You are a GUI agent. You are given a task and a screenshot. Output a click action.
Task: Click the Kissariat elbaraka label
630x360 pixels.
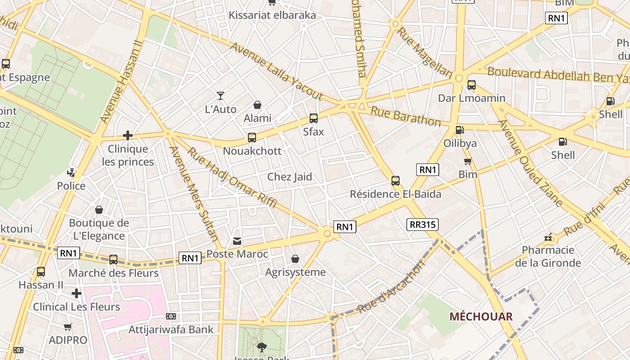272,15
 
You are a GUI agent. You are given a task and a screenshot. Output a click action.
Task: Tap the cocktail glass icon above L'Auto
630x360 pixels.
220,95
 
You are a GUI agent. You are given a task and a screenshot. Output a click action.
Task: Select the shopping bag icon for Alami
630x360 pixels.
257,105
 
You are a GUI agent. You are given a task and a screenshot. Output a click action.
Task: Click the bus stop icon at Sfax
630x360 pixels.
314,118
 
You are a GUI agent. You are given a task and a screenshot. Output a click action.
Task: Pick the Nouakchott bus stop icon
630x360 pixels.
252,138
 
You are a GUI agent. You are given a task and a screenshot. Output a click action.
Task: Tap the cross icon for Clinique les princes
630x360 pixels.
128,135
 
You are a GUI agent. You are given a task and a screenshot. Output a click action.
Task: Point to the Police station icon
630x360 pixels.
71,172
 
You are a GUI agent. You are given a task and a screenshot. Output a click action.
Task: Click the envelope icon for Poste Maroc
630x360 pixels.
237,241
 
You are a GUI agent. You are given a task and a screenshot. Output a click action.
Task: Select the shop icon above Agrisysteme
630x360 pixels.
295,259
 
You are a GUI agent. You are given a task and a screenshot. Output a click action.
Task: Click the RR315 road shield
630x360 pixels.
422,224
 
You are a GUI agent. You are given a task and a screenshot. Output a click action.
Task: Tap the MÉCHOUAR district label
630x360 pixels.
481,316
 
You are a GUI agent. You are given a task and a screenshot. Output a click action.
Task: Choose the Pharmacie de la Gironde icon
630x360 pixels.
548,237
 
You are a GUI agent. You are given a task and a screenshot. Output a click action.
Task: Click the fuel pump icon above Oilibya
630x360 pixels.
459,130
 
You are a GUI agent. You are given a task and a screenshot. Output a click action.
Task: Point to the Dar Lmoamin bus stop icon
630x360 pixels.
472,85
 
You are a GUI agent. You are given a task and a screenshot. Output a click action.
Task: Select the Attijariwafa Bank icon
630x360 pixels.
171,316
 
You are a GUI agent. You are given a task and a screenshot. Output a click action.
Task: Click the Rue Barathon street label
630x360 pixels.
405,116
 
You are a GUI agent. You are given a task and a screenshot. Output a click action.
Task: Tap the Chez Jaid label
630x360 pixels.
289,177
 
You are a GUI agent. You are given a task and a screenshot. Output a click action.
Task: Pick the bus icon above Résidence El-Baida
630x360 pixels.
396,181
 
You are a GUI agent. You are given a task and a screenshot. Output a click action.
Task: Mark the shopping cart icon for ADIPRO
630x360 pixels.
68,327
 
